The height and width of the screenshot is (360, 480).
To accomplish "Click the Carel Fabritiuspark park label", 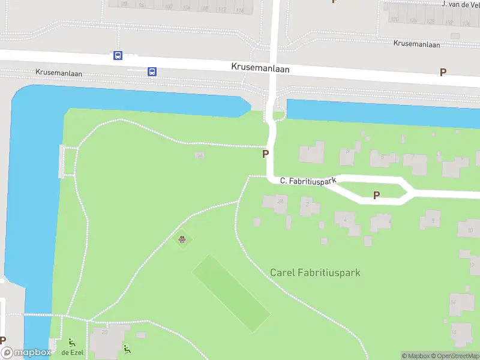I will (315, 272).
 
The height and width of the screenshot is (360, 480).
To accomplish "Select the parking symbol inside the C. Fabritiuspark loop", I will (377, 194).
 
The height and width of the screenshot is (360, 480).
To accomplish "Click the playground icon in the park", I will (182, 241).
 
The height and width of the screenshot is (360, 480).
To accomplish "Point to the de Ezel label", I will (72, 352).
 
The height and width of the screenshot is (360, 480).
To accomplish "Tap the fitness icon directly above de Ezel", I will (72, 343).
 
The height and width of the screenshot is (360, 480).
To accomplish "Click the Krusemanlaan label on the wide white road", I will (260, 68).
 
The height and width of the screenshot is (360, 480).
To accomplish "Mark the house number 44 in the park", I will (200, 156).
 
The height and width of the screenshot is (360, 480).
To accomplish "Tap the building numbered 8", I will (431, 220).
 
